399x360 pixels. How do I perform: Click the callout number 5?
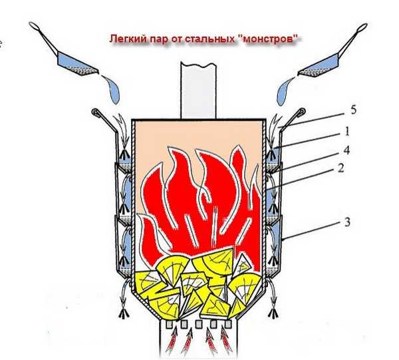(x=353, y=110)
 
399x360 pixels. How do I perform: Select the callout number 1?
(x=346, y=132)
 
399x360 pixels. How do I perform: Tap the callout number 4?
(x=346, y=150)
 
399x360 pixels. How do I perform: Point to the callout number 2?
(x=340, y=168)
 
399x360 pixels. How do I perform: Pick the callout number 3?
(x=347, y=222)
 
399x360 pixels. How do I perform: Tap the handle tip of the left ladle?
(x=33, y=25)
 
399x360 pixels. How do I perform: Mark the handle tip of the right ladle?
(x=363, y=27)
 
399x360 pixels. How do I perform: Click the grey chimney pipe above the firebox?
(x=198, y=90)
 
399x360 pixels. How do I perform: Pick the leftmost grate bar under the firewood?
(x=169, y=324)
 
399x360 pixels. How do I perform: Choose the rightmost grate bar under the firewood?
(x=228, y=323)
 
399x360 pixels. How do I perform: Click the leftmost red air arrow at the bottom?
(x=172, y=340)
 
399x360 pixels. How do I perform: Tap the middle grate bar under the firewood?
(x=198, y=324)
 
